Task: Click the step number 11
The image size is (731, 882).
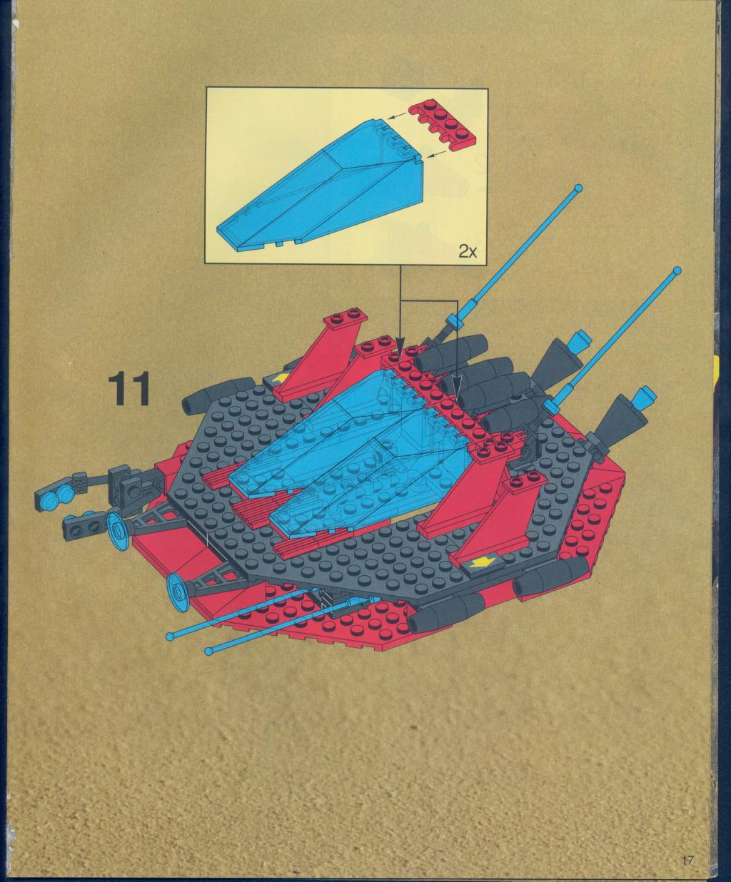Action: pyautogui.click(x=129, y=389)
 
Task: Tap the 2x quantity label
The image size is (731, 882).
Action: pyautogui.click(x=468, y=252)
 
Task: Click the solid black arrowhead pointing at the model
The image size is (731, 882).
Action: pyautogui.click(x=400, y=343)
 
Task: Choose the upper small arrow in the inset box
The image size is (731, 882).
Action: pyautogui.click(x=396, y=114)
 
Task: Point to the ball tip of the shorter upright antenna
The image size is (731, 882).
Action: pyautogui.click(x=677, y=270)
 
